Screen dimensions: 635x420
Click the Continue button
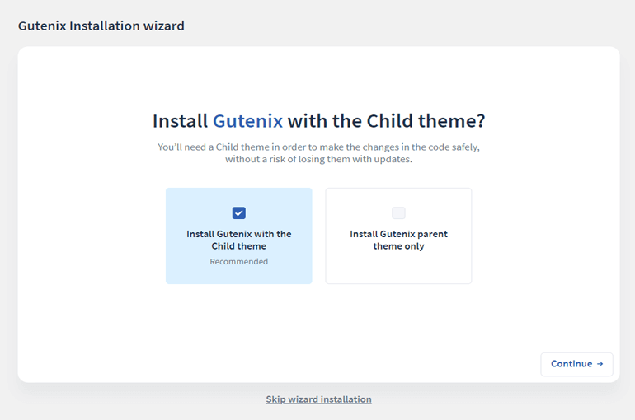pos(576,364)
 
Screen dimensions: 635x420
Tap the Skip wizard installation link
pos(318,399)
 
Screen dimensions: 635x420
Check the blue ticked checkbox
pos(239,213)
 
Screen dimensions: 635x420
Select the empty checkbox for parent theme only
pos(398,213)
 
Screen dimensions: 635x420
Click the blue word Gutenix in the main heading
pos(248,121)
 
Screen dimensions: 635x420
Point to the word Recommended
pos(239,262)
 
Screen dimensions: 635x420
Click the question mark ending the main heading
pos(481,121)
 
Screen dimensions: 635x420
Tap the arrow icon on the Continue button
pos(600,364)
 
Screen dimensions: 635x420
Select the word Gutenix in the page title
pos(42,26)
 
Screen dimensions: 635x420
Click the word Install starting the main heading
pos(181,121)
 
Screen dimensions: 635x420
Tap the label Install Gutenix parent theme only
pos(399,240)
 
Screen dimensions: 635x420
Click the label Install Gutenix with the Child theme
pos(239,240)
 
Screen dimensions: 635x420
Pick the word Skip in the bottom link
pos(275,399)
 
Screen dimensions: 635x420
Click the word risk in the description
pos(277,159)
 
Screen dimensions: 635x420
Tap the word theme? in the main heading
pos(452,121)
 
